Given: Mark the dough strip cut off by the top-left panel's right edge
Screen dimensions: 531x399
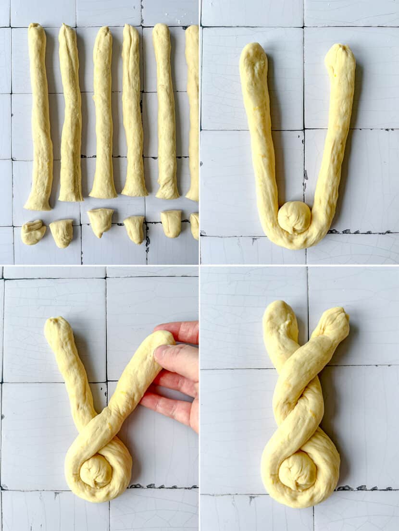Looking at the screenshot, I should pos(193,113).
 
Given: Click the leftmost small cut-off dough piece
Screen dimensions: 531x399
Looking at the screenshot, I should pos(33,232).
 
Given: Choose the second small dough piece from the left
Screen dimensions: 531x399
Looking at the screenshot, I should pos(62,233).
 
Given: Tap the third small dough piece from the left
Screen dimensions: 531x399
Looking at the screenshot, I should pos(100,222).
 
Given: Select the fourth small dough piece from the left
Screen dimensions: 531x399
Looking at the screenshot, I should pos(135,229).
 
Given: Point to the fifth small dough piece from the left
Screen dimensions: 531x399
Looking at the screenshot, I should pos(171,223).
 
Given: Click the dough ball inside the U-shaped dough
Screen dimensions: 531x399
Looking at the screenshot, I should pos(294,217).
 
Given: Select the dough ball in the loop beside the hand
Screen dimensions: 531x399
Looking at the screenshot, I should pos(96,470).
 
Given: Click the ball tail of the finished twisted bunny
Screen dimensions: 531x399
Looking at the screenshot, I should pos(298,470).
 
